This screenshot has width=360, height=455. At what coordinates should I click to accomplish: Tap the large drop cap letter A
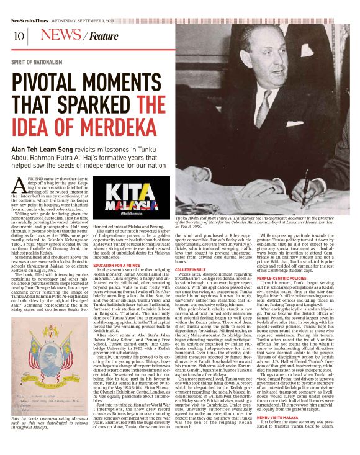(19, 185)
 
